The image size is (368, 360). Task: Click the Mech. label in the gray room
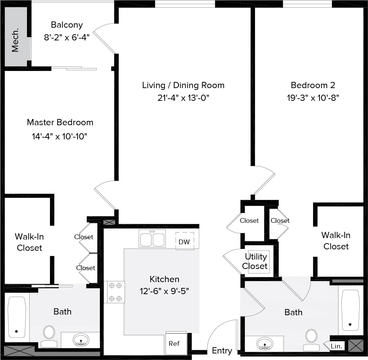pos(15,44)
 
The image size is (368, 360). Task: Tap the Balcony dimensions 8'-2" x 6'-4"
pos(67,37)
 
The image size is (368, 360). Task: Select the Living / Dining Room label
pos(183,85)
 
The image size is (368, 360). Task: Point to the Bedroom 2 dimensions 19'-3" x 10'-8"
pos(313,98)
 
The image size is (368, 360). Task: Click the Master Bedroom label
pos(60,122)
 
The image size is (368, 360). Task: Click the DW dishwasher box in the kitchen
pos(185,241)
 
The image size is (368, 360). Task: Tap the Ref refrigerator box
pos(174,344)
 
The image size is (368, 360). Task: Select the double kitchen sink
pos(152,240)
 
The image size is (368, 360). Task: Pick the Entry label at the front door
pos(222,351)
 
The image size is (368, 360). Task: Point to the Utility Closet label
pos(256,261)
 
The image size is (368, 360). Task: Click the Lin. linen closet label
pos(336,346)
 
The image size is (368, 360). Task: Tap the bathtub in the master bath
pos(17,317)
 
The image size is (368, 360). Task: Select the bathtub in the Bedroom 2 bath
pos(351,309)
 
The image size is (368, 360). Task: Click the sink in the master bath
pos(81,340)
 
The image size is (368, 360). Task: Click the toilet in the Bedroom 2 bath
pos(311,338)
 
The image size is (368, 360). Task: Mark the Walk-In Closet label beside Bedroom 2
pos(336,241)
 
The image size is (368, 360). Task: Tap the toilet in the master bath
pos(49,335)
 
